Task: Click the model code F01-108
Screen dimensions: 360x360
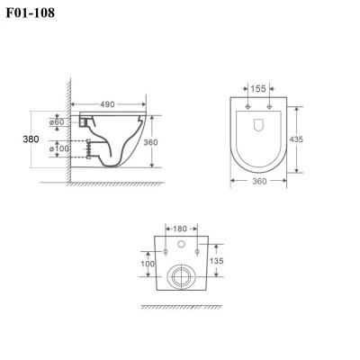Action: click(31, 13)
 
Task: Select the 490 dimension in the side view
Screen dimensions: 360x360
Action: click(107, 104)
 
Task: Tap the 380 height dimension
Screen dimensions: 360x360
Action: click(31, 139)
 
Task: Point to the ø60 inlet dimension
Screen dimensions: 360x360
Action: click(57, 122)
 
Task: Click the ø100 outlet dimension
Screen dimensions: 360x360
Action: click(59, 148)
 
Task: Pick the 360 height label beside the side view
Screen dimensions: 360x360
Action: click(150, 142)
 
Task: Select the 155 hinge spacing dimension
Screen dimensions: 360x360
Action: click(258, 89)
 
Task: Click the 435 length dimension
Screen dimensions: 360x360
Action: click(296, 139)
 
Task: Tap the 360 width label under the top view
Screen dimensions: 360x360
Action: click(259, 181)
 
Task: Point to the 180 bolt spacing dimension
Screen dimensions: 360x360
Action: click(180, 229)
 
